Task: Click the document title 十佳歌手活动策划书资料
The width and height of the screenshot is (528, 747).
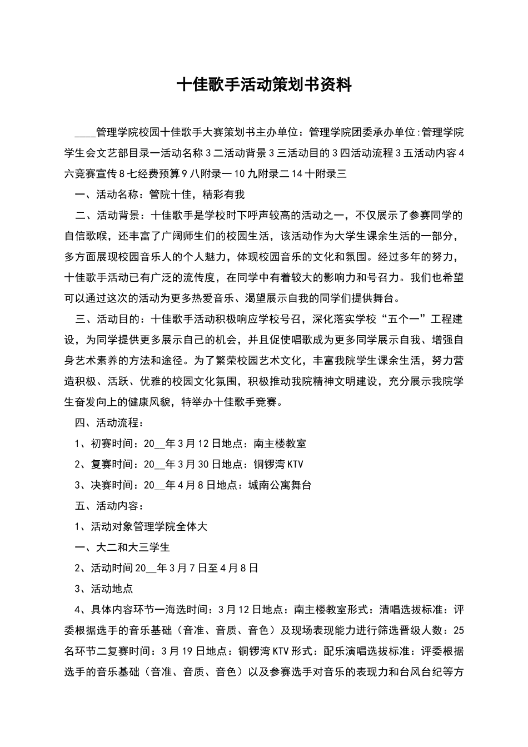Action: coord(264,85)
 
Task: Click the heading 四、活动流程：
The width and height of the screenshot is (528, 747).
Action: coord(109,423)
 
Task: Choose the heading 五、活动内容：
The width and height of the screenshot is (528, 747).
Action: coord(109,506)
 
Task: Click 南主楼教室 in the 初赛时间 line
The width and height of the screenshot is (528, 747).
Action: coord(280,444)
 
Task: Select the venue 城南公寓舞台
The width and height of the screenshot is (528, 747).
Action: coord(280,485)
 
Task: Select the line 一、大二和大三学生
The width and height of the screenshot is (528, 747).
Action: coord(122,547)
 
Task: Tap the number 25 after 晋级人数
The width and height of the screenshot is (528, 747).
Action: coord(459,630)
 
